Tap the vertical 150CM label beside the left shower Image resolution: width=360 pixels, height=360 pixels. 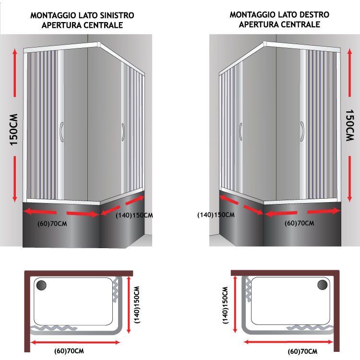pos(14,130)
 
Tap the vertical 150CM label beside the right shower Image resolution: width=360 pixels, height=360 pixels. pos(350,125)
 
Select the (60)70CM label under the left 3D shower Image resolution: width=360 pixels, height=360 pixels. pos(52,224)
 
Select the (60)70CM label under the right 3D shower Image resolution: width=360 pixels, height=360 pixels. pos(300,223)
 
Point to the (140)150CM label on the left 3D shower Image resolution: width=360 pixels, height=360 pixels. pos(134,216)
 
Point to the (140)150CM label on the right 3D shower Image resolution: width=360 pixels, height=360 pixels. pos(216,215)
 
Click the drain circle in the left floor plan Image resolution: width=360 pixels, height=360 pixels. pos(42,285)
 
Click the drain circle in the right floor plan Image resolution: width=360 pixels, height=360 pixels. pos(323,285)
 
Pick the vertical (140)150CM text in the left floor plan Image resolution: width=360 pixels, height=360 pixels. pos(137,305)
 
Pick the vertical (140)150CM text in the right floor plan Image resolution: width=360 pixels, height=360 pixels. pos(226,305)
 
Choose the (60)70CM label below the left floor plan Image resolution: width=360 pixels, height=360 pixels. pos(69,351)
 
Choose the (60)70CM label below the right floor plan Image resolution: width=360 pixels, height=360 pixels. pos(302,351)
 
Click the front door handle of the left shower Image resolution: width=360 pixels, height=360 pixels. pos(61,132)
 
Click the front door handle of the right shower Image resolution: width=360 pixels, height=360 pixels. pos(302,132)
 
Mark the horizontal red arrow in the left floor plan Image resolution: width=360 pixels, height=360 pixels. pos(75,343)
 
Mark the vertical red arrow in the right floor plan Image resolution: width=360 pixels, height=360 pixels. pos(235,305)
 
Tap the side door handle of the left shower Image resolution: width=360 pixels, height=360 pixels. pos(123,132)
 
